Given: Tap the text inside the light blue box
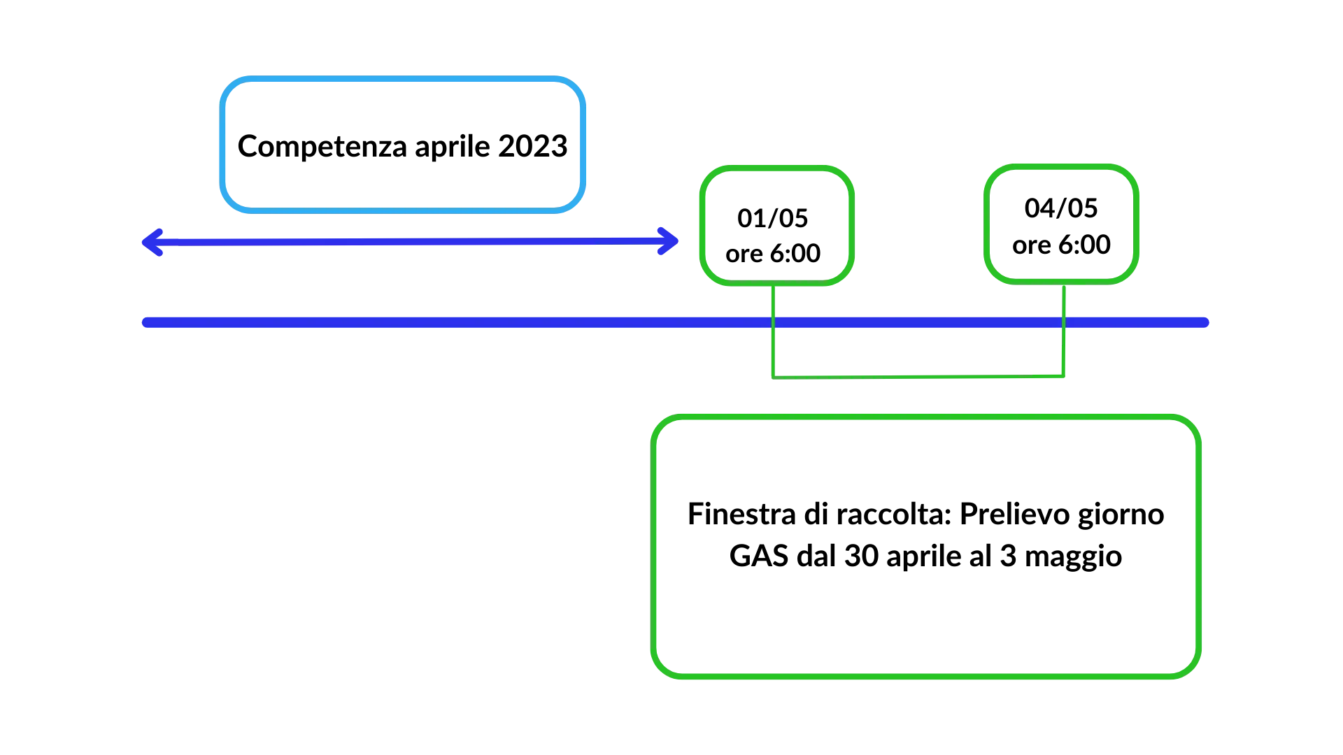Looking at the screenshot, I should [x=403, y=148].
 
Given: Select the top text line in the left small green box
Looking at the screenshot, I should [x=772, y=218].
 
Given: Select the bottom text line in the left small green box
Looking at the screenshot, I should [x=772, y=252].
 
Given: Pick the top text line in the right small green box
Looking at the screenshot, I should [x=1063, y=208].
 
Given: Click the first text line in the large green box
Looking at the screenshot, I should [x=925, y=512].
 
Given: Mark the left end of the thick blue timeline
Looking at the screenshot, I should [x=143, y=322].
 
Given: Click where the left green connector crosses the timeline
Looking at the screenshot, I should [x=772, y=322].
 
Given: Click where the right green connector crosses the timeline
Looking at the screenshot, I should [x=1063, y=322].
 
